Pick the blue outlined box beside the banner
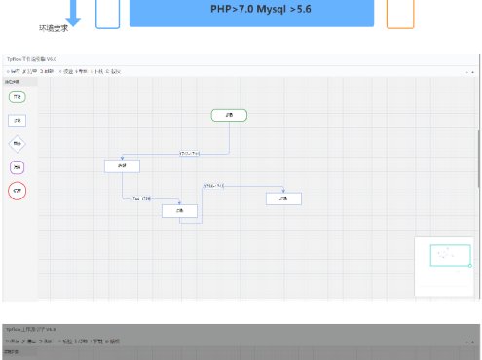pyautogui.click(x=108, y=12)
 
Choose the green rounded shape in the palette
pyautogui.click(x=17, y=97)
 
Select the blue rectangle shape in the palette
pyautogui.click(x=17, y=121)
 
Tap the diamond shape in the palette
pyautogui.click(x=17, y=144)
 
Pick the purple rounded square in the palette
pyautogui.click(x=17, y=167)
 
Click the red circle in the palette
pyautogui.click(x=17, y=192)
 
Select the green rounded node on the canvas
pyautogui.click(x=229, y=115)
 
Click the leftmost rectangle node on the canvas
pyautogui.click(x=122, y=165)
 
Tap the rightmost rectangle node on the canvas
pyautogui.click(x=283, y=198)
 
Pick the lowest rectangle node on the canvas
pyautogui.click(x=179, y=210)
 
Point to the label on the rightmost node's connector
pyautogui.click(x=213, y=185)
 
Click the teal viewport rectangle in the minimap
pyautogui.click(x=450, y=256)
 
